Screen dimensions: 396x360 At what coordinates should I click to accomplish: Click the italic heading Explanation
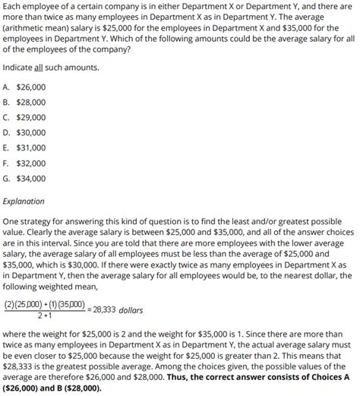point(24,201)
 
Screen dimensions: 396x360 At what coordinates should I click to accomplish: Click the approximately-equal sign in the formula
point(87,310)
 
